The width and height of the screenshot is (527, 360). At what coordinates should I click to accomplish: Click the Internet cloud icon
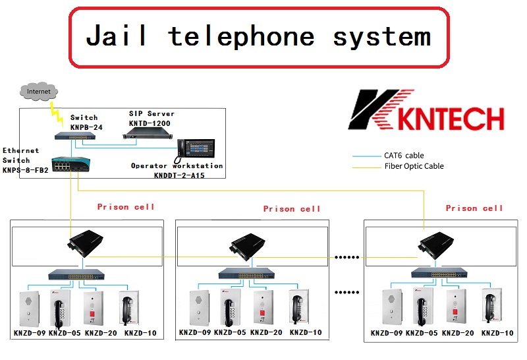coord(38,91)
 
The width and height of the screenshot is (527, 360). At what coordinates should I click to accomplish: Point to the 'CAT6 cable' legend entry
coord(404,156)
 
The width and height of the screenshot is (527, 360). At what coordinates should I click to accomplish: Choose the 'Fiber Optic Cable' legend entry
coord(414,166)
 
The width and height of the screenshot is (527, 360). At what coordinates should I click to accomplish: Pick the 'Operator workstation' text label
coord(177,165)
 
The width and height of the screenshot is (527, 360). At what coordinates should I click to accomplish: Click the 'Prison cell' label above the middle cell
coord(292,209)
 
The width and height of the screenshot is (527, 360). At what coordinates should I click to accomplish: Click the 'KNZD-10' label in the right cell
coord(497,334)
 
